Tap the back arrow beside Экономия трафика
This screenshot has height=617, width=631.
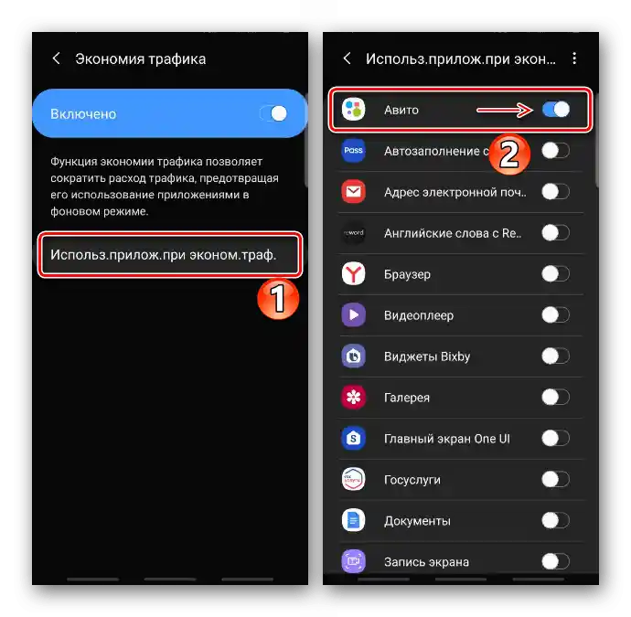point(57,59)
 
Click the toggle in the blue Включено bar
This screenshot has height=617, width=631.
point(273,113)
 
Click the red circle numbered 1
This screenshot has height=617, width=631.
point(278,298)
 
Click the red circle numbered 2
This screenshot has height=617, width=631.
point(509,154)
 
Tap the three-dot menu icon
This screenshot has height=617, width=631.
point(574,59)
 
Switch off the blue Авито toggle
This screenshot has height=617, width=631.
point(556,109)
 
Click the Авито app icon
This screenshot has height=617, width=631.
point(353,109)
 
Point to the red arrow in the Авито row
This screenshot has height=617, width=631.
point(505,110)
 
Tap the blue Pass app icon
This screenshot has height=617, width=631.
point(353,151)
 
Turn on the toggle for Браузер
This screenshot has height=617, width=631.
point(556,274)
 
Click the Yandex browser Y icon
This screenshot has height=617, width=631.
point(353,274)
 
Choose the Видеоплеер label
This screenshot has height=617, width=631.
point(419,315)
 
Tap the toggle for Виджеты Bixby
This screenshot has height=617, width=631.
point(556,356)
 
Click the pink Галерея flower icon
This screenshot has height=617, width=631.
point(353,397)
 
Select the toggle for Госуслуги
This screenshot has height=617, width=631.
point(556,479)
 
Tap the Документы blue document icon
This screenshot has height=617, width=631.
point(353,520)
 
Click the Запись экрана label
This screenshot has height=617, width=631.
point(426,562)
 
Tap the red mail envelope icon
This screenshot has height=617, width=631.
point(353,191)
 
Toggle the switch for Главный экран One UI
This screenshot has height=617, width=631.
point(556,438)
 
